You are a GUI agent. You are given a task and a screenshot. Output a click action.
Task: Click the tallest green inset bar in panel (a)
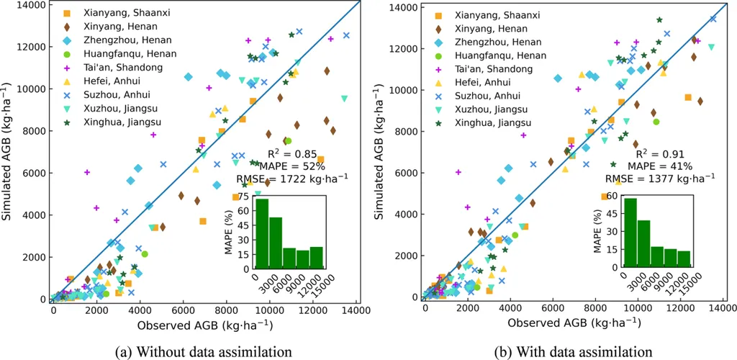click(262, 232)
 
